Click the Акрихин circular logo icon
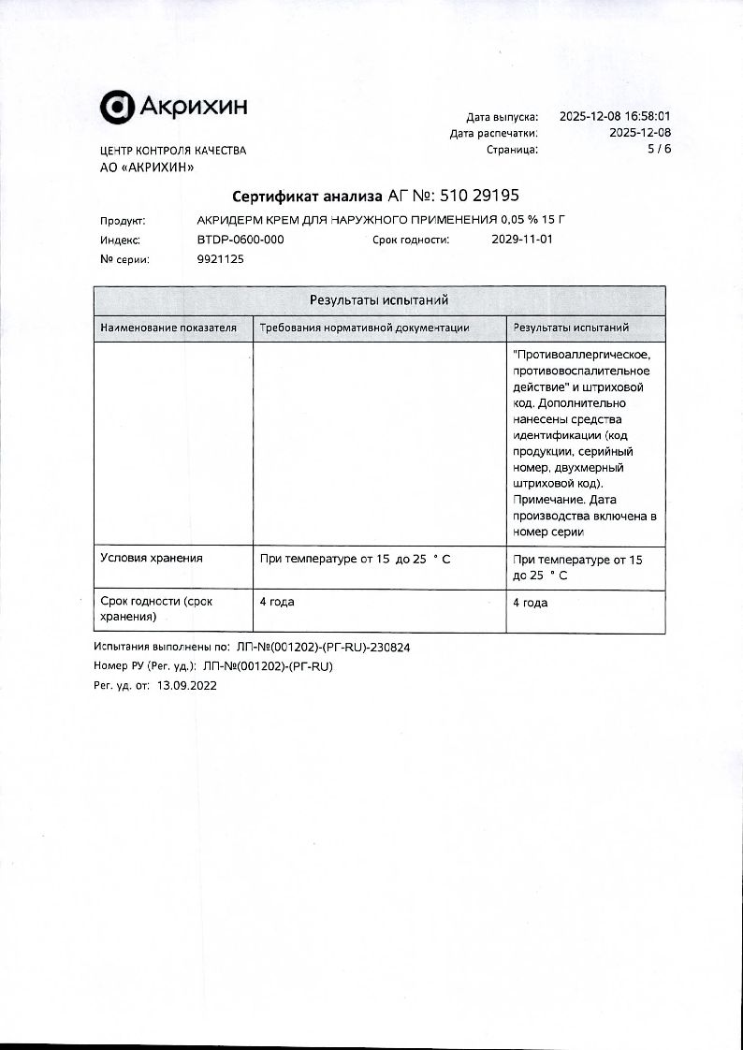(x=117, y=108)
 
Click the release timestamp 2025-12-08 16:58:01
(x=615, y=117)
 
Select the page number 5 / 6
(x=660, y=149)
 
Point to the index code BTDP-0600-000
(x=240, y=240)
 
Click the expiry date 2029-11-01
(x=522, y=240)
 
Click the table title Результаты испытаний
(x=379, y=300)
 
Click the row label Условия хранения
(x=152, y=559)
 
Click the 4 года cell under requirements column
(x=277, y=602)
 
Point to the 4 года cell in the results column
(x=531, y=603)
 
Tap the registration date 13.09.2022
(x=186, y=684)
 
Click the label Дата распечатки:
(x=494, y=133)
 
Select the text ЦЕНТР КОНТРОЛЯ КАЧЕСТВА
(x=173, y=151)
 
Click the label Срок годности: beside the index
(x=411, y=240)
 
